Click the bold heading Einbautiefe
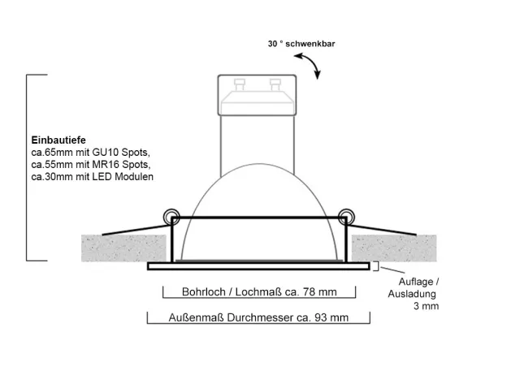point(58,140)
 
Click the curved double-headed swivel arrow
point(308,66)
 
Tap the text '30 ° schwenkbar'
point(301,44)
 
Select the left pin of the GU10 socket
point(239,84)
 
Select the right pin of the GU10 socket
point(275,84)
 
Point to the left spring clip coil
point(171,218)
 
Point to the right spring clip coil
point(346,218)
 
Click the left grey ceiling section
point(123,248)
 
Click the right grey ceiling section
point(394,248)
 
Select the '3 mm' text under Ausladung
point(426,306)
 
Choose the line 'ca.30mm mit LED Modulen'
point(92,176)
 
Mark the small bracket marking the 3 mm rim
point(376,266)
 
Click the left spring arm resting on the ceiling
point(136,231)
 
